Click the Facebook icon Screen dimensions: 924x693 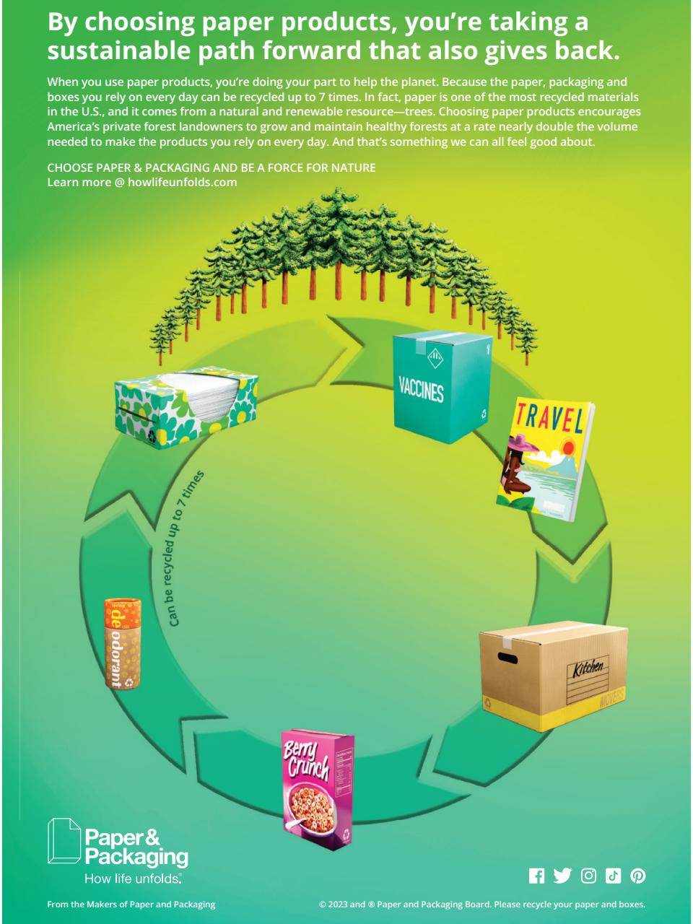[x=537, y=876]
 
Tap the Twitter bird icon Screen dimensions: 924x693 [x=562, y=876]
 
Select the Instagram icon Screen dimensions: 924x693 [x=588, y=876]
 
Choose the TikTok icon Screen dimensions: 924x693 [x=613, y=876]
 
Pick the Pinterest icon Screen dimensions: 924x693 [x=638, y=876]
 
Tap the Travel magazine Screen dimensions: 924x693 [x=545, y=462]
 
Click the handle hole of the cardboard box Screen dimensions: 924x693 [x=507, y=658]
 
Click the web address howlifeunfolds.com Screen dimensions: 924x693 [x=182, y=182]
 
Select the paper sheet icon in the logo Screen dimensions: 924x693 [x=63, y=841]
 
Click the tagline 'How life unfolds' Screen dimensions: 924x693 [x=133, y=879]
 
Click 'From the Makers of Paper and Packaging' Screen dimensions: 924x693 [x=131, y=905]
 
